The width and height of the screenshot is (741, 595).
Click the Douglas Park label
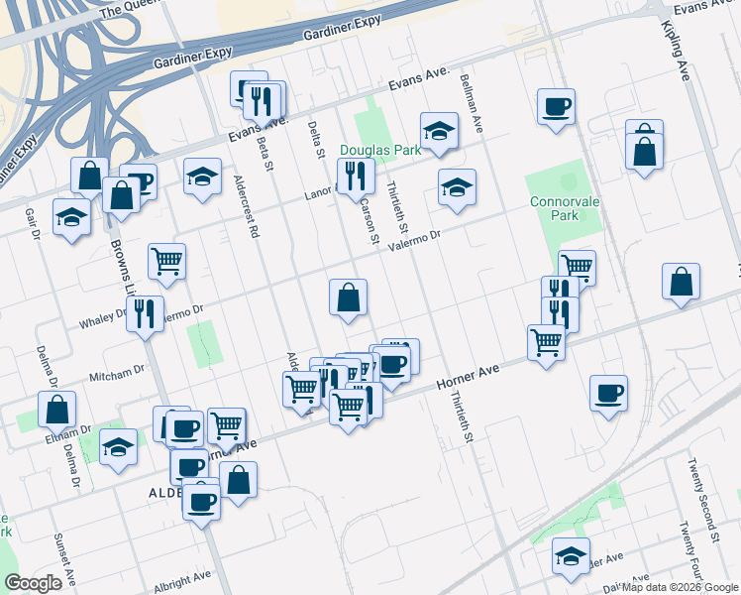pyautogui.click(x=380, y=150)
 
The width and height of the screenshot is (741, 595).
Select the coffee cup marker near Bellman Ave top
pyautogui.click(x=556, y=105)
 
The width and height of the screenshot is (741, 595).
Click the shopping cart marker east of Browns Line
pyautogui.click(x=166, y=261)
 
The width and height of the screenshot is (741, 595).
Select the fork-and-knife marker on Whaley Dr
pyautogui.click(x=147, y=313)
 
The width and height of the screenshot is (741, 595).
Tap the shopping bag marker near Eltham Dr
pyautogui.click(x=58, y=408)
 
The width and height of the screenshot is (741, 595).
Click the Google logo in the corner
pyautogui.click(x=34, y=583)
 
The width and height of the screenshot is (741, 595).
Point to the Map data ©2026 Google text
pyautogui.click(x=680, y=587)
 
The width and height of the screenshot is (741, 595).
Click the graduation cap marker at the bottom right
pyautogui.click(x=571, y=555)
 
